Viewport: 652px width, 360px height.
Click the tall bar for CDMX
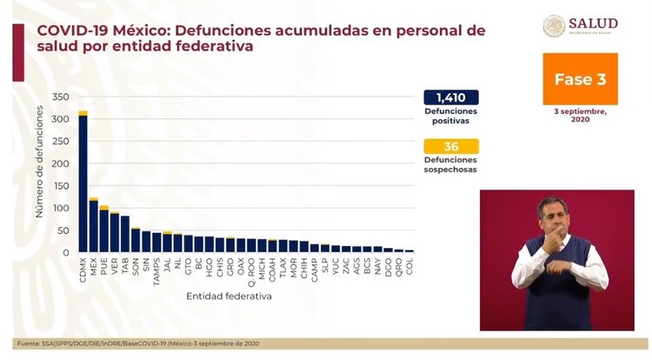pos(83,183)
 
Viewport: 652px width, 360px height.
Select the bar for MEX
pos(93,226)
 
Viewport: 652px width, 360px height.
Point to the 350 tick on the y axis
pos(62,97)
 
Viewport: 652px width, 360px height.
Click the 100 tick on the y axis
pos(62,208)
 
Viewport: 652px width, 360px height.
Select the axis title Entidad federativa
pos(229,296)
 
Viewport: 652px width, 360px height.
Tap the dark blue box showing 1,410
pos(451,97)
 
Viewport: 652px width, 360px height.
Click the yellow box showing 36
pos(451,147)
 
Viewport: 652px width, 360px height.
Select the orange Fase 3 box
pos(580,79)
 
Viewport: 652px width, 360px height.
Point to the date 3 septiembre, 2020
pos(580,116)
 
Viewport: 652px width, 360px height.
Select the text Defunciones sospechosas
pos(451,164)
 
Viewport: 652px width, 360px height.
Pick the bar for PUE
pos(103,230)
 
